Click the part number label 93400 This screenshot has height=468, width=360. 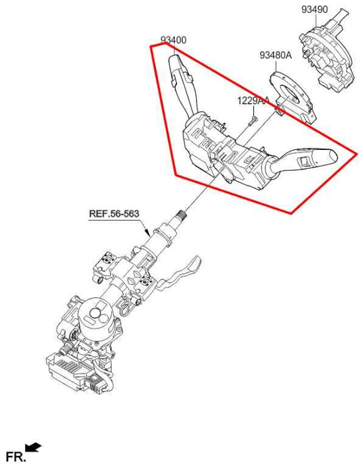tap(174, 40)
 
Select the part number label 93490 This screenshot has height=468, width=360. tap(314, 9)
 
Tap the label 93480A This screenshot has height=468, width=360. tap(276, 55)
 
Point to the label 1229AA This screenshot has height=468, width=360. tap(253, 101)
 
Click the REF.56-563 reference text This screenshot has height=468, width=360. tap(114, 213)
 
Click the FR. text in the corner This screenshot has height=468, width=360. tap(16, 457)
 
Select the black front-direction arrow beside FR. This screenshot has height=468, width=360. tap(33, 446)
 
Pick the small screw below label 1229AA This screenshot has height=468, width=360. tap(253, 121)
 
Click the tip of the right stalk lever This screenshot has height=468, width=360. tap(334, 156)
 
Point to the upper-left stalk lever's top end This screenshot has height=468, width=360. tap(174, 58)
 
